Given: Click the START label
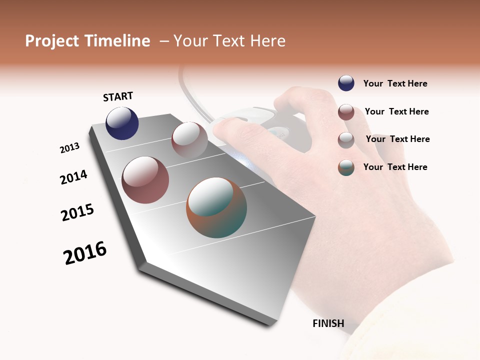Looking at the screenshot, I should [118, 96].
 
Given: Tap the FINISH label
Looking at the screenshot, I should [328, 323].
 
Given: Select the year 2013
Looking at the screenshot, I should [69, 148].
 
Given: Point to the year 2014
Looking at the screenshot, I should [73, 177].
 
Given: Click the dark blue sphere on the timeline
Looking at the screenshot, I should [122, 123].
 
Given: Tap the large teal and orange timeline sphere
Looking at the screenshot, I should [216, 207].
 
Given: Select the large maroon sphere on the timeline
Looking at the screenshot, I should [145, 180].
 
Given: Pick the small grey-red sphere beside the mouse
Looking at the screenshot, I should [189, 139].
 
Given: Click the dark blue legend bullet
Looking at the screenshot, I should [346, 83].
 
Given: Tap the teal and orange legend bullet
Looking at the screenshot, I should [346, 167].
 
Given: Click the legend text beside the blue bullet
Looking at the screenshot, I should [395, 83].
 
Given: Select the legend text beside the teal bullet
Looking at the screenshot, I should [395, 167].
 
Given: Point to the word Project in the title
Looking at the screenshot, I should [52, 41].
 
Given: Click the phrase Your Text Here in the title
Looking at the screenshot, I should [229, 41].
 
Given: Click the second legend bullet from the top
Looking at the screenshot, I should [346, 111].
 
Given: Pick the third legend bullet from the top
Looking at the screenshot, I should [346, 139].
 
